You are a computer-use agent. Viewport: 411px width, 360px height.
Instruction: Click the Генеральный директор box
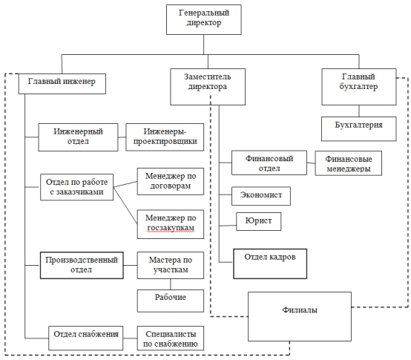click(204, 19)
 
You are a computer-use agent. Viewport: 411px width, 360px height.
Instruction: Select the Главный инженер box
click(62, 84)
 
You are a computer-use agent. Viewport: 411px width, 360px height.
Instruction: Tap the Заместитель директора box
click(208, 87)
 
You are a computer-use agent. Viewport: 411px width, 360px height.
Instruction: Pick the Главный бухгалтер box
click(359, 87)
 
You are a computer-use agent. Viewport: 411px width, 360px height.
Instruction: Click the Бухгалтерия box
click(359, 128)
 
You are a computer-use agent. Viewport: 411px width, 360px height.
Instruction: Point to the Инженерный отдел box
click(78, 137)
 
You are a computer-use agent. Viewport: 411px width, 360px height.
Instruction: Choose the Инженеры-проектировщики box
click(165, 137)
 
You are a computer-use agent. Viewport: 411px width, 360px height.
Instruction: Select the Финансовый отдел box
click(269, 163)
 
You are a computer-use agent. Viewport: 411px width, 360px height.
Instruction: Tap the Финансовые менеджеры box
click(349, 163)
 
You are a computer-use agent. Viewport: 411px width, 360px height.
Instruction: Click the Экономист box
click(261, 196)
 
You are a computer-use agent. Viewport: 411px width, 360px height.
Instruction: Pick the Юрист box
click(258, 221)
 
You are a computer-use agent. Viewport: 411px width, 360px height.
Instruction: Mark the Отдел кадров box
click(270, 264)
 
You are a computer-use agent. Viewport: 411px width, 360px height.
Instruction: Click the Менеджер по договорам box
click(171, 181)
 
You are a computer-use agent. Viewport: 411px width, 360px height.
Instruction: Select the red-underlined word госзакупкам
click(171, 228)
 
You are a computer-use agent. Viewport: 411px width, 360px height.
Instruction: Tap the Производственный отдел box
click(82, 265)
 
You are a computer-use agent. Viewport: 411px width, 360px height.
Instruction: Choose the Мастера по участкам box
click(171, 265)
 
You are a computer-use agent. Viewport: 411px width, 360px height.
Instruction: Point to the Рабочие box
click(171, 301)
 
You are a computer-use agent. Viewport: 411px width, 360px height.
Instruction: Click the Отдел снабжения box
click(86, 338)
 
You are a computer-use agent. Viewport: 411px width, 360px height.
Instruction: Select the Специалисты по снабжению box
click(171, 338)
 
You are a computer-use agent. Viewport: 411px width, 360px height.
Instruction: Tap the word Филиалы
click(300, 310)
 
